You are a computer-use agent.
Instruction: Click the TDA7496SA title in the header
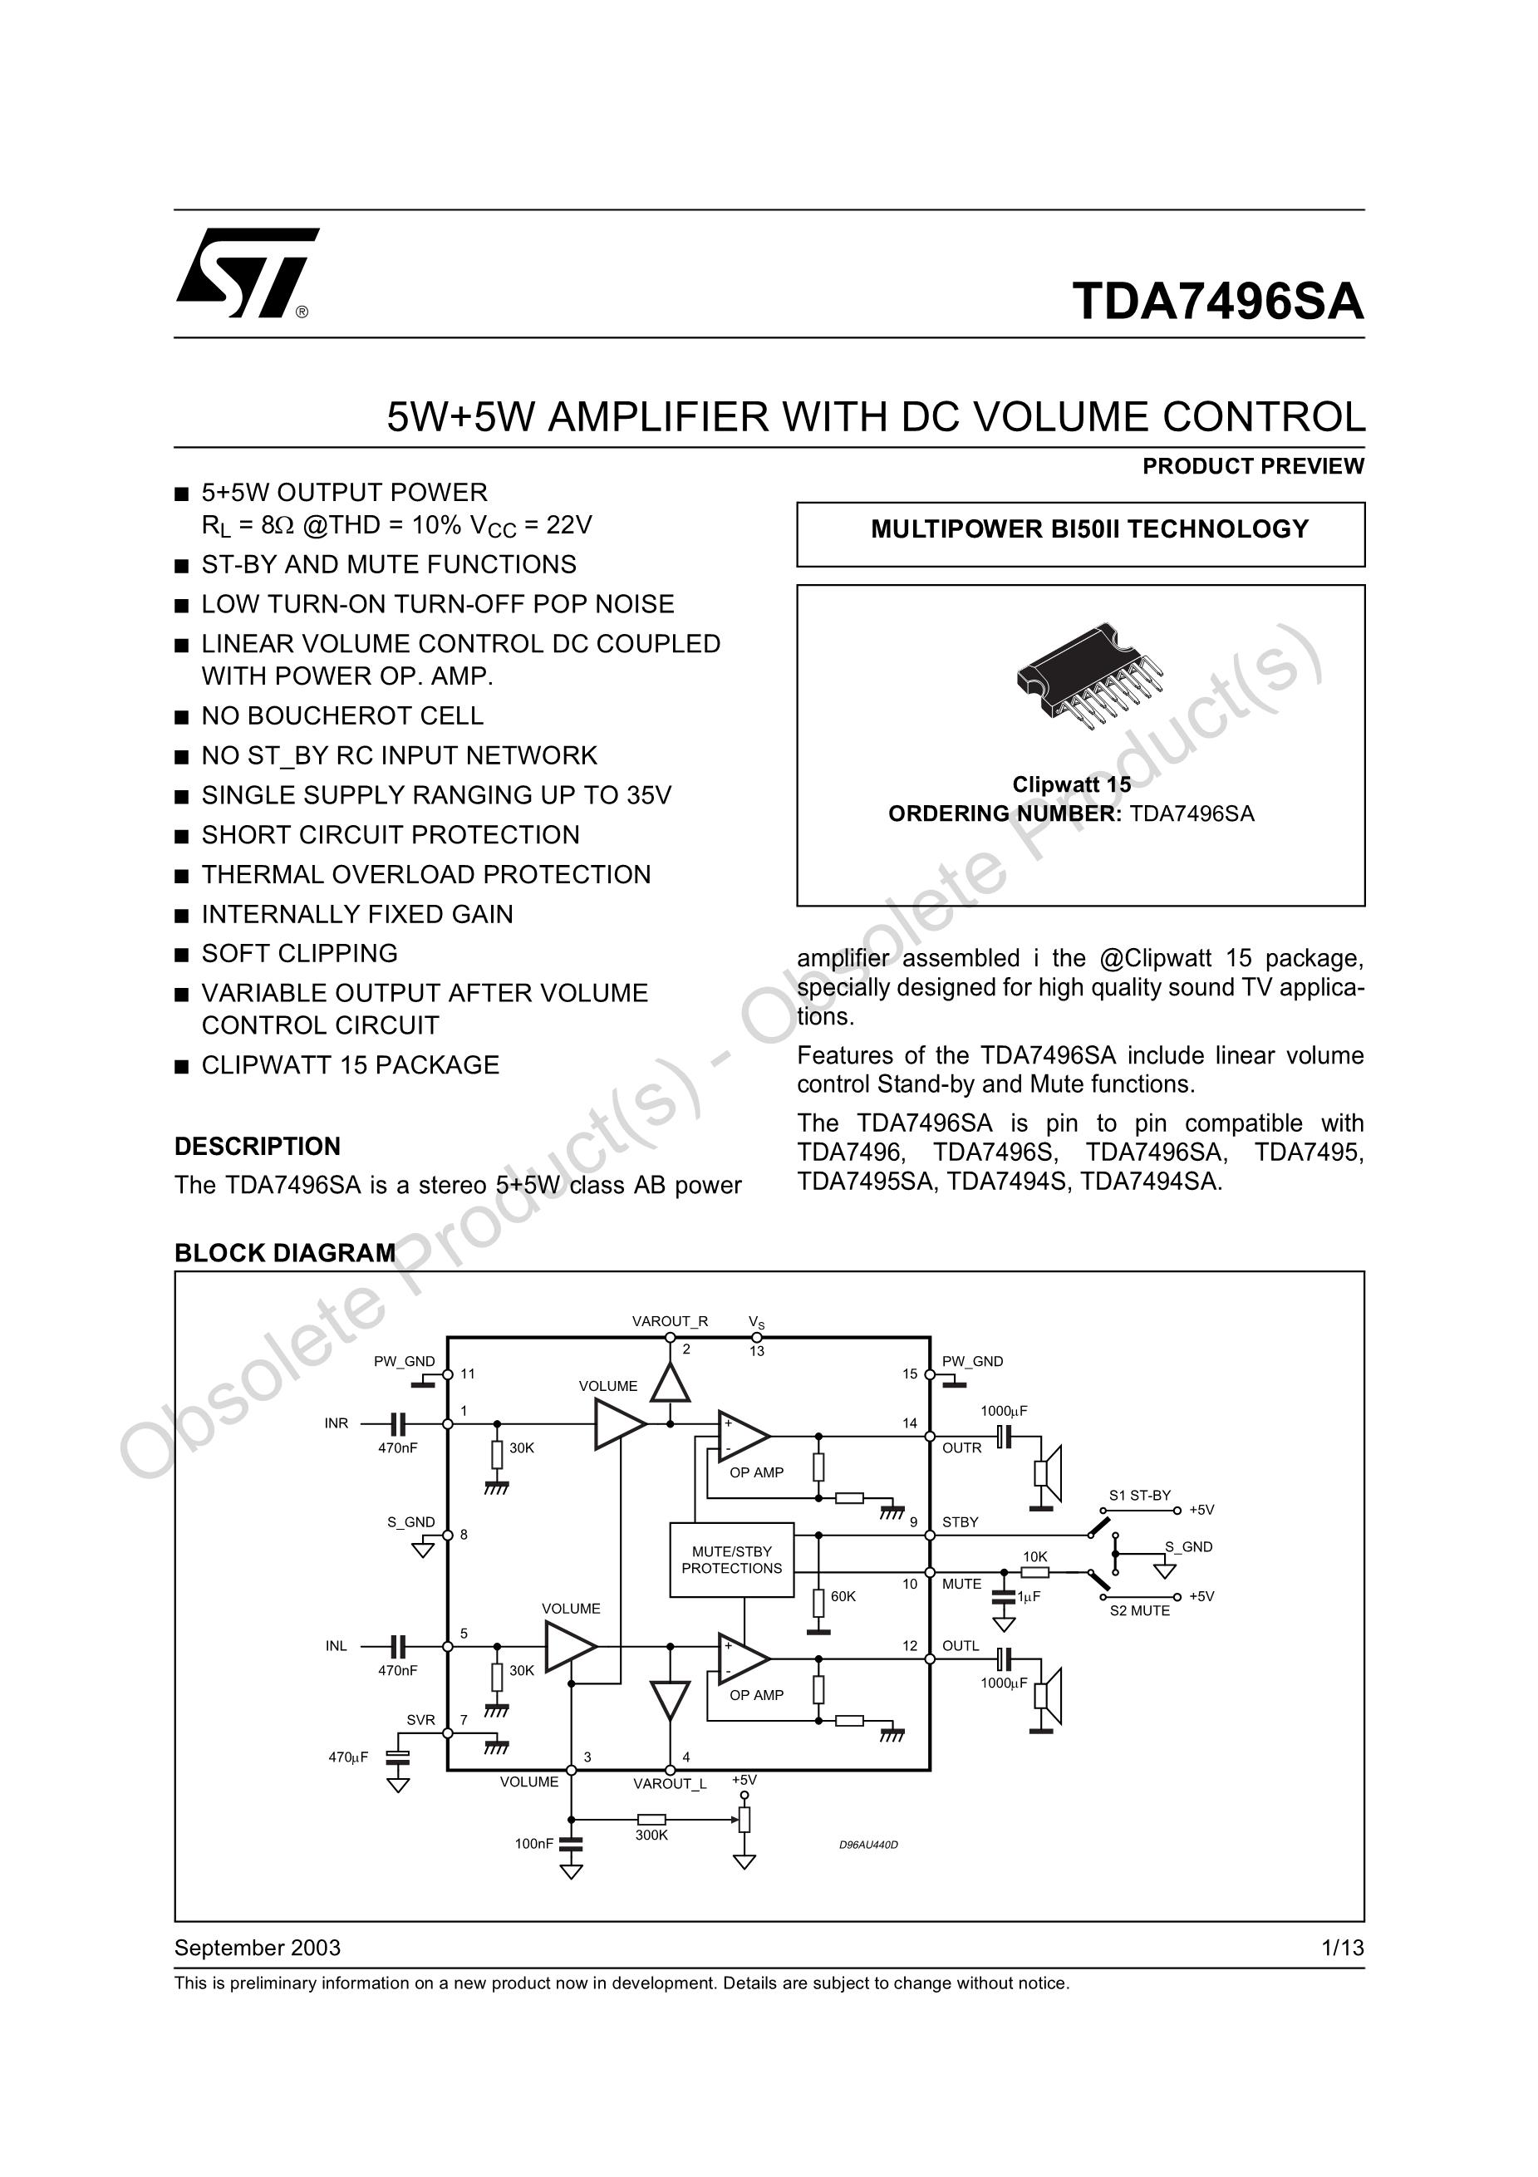click(x=1217, y=302)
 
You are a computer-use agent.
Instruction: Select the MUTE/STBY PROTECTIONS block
click(x=731, y=1560)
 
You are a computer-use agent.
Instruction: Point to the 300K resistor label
click(x=651, y=1835)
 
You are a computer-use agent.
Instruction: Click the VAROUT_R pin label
click(x=670, y=1322)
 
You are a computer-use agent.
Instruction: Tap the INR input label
click(x=337, y=1423)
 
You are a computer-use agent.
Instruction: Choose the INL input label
click(x=337, y=1646)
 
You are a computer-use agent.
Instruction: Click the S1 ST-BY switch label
click(x=1140, y=1496)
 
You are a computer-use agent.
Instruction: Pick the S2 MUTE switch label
click(x=1140, y=1611)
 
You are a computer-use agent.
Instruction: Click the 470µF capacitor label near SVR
click(x=348, y=1757)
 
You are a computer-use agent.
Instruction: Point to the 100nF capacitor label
click(x=533, y=1843)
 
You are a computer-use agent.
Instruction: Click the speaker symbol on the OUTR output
click(x=1047, y=1474)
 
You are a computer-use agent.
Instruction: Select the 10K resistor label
click(x=1034, y=1557)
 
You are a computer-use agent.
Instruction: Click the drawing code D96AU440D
click(x=868, y=1845)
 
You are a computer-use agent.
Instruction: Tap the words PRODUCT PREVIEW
click(x=1253, y=466)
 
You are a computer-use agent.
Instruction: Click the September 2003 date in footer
click(x=257, y=1948)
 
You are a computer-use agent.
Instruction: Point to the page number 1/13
click(x=1343, y=1948)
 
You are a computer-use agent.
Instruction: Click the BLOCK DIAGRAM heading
click(x=284, y=1254)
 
